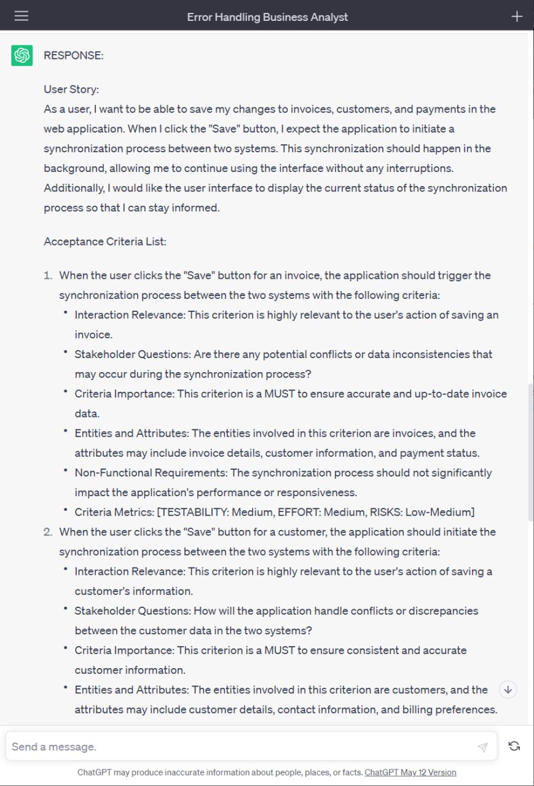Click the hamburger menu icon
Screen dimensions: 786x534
[22, 16]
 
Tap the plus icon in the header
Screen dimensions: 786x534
[517, 17]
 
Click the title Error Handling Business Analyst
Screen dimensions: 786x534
[267, 17]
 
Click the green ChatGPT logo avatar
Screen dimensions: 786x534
[22, 55]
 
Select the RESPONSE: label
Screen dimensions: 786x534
[74, 55]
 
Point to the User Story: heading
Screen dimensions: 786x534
[71, 89]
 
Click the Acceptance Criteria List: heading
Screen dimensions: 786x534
[105, 241]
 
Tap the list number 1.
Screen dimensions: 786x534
[48, 275]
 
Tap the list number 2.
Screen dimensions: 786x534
[48, 532]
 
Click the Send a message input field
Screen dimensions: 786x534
[240, 747]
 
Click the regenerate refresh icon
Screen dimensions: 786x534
[514, 746]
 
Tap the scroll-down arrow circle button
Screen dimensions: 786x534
[508, 690]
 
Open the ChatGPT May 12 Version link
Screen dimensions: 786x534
[410, 772]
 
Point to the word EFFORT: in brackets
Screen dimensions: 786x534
[291, 512]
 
